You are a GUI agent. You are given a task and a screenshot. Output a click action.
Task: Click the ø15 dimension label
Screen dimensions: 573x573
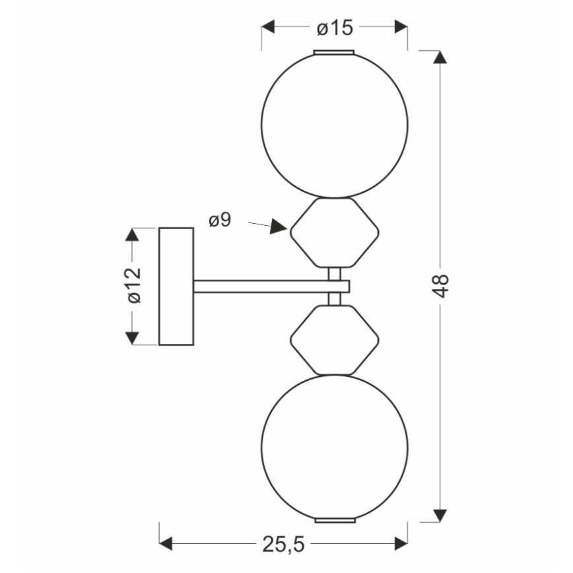[335, 28]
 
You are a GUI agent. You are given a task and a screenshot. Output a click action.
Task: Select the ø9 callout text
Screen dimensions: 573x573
[220, 220]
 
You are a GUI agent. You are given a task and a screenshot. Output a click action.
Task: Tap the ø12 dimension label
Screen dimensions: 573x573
[134, 285]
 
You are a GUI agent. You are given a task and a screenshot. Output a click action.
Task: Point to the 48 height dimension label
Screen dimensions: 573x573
[442, 285]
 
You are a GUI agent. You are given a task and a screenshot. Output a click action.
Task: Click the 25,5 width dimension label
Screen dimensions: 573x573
[283, 545]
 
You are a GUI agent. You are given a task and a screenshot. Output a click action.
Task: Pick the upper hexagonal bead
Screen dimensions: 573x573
[291, 232]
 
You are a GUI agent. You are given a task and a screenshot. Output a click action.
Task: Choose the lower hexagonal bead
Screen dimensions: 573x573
[291, 341]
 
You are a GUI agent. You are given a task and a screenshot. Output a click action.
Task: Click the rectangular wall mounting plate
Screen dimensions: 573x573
[176, 286]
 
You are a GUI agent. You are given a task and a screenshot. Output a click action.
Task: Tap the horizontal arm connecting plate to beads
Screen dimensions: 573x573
[271, 286]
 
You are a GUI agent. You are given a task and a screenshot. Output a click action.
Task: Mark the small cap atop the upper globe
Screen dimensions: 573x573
[334, 52]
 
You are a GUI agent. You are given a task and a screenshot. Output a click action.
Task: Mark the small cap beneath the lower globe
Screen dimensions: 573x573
[335, 520]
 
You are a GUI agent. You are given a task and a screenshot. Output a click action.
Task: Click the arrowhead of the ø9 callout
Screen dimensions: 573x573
[279, 226]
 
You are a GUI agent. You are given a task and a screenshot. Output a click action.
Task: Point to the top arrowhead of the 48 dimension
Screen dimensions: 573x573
[440, 57]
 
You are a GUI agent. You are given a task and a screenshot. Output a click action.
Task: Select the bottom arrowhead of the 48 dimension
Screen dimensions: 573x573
[440, 516]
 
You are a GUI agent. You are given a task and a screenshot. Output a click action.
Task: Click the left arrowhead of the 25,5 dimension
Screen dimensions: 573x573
[166, 543]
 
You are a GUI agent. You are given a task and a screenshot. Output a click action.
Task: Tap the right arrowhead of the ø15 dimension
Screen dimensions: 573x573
[401, 26]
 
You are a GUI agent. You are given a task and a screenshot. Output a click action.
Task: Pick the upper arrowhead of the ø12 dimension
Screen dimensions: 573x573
[132, 234]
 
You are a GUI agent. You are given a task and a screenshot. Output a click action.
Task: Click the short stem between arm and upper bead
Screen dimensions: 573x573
[335, 274]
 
